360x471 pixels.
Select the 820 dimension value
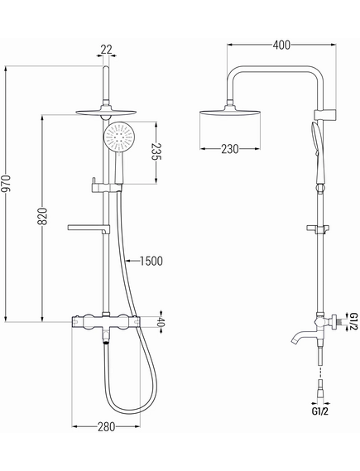(42, 216)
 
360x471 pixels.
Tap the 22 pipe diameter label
(106, 50)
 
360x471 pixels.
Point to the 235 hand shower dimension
(156, 151)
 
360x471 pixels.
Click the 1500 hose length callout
(151, 261)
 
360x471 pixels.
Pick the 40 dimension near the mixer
(161, 323)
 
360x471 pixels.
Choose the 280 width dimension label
(106, 426)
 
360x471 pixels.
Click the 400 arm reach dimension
(281, 45)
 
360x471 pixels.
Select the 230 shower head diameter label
(230, 149)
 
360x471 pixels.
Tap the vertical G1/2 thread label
(354, 321)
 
